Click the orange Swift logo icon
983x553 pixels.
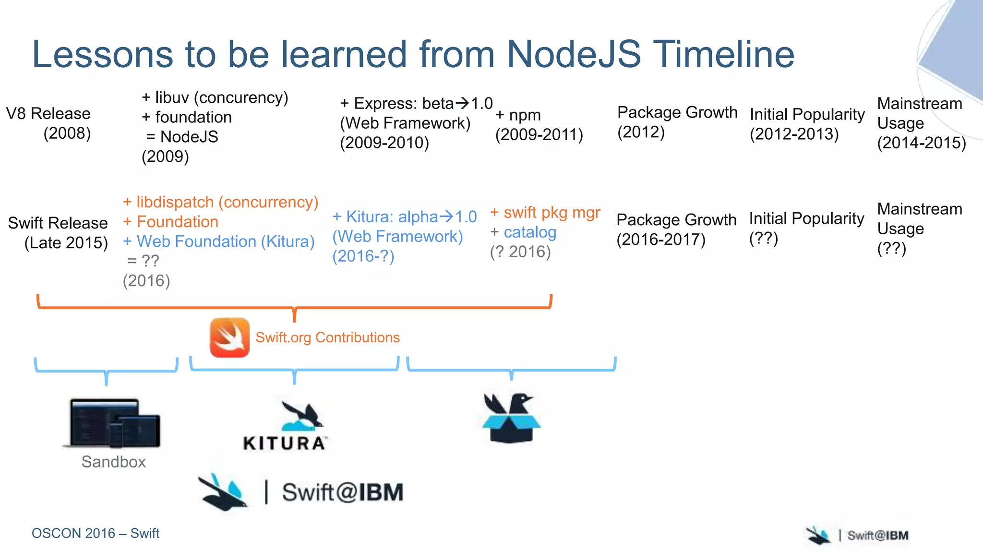click(229, 337)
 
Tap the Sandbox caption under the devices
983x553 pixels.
click(113, 462)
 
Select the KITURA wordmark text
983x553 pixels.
click(285, 443)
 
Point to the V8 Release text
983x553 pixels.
click(48, 114)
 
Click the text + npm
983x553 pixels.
click(518, 115)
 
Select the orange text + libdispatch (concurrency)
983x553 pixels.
click(220, 202)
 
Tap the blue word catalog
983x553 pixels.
click(530, 232)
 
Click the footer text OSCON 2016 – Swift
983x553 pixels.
click(95, 533)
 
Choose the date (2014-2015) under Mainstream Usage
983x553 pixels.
click(921, 143)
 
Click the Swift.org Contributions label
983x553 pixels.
click(327, 337)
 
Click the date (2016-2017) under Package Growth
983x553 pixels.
click(660, 240)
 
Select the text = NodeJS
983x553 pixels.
click(182, 137)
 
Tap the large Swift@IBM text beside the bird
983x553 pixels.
click(342, 493)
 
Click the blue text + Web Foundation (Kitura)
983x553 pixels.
click(219, 241)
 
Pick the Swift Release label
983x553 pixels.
click(58, 223)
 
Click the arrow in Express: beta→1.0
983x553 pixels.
click(462, 103)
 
